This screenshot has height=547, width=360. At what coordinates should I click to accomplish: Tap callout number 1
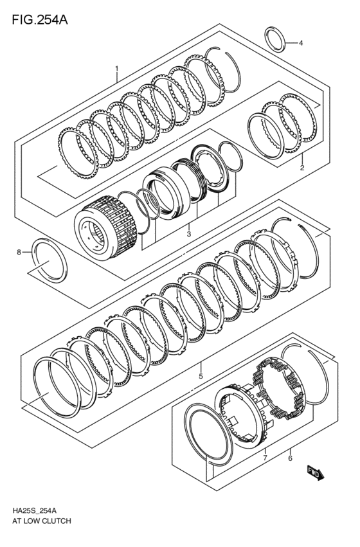[x=116, y=68]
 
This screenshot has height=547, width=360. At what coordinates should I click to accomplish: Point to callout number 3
[x=188, y=235]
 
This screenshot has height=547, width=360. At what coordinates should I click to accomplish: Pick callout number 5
[x=201, y=376]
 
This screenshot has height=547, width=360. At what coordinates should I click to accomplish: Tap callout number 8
[x=19, y=253]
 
